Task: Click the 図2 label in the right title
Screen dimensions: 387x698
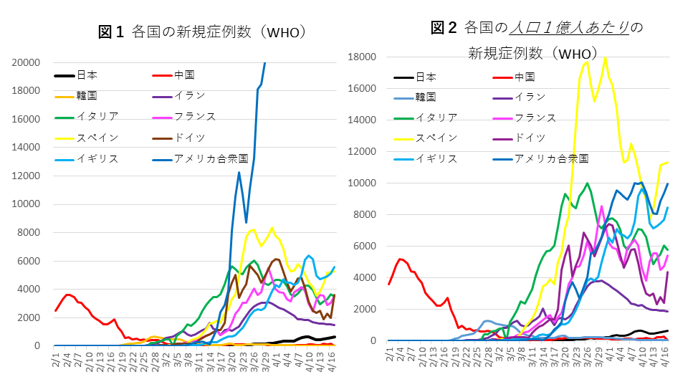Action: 444,28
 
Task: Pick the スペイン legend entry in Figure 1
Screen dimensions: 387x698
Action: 97,137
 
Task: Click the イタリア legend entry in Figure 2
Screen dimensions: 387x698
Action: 436,118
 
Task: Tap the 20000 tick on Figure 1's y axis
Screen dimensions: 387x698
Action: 27,63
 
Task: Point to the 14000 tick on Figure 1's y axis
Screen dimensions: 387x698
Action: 27,148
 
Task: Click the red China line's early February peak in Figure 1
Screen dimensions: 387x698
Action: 67,295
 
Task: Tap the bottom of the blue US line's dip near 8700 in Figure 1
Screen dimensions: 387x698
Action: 247,222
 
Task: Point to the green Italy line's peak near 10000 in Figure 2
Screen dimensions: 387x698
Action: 588,183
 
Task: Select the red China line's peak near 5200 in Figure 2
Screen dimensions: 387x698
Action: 401,259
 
